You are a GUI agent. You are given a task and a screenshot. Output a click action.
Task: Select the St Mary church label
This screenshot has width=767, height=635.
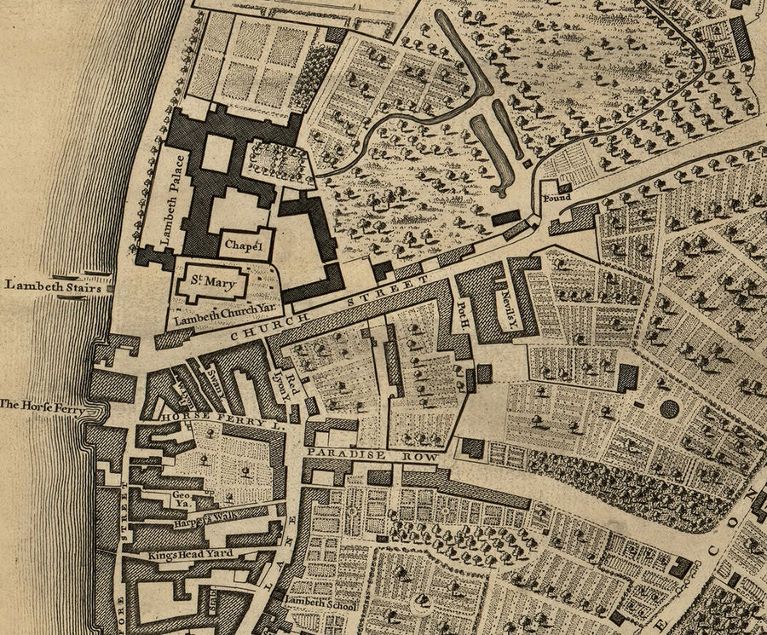[210, 282]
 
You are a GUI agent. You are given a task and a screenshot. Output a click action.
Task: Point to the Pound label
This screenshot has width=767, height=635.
[556, 198]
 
